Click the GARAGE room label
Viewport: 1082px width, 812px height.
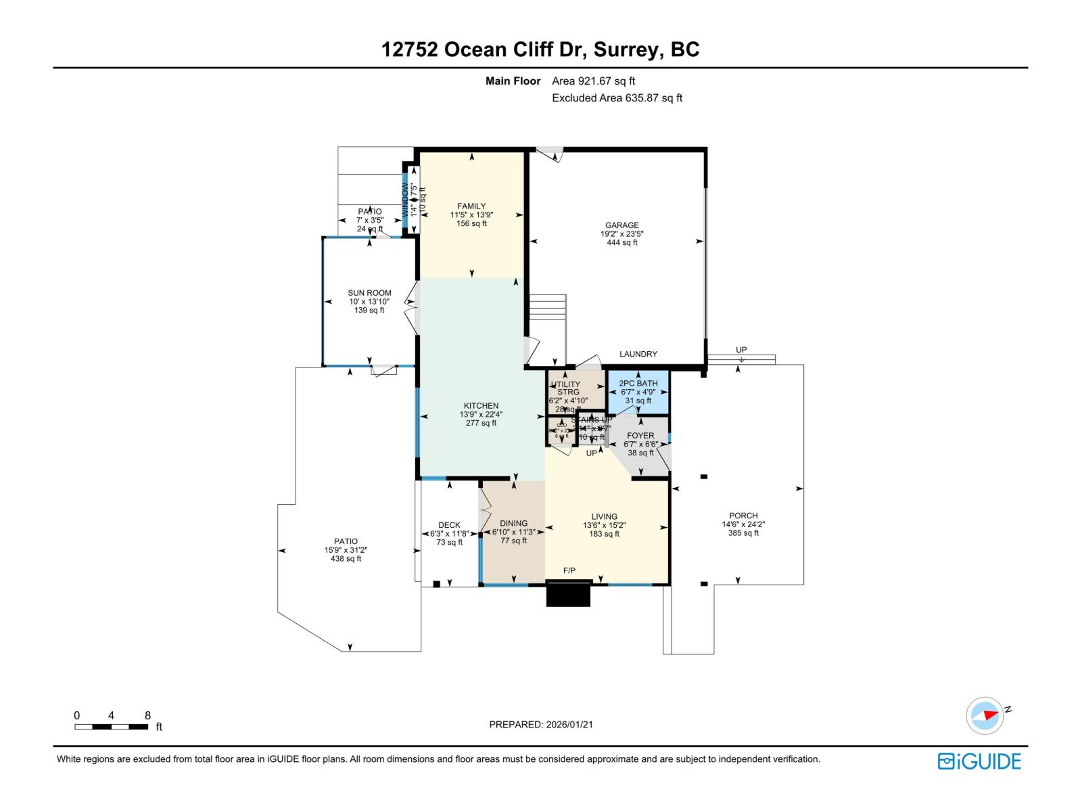[x=621, y=225]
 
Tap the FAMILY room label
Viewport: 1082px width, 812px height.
[x=471, y=206]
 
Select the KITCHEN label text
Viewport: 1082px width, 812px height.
[x=481, y=406]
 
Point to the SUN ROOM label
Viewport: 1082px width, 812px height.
[x=369, y=293]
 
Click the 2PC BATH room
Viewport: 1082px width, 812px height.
[x=638, y=392]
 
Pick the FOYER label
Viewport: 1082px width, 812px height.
[x=640, y=436]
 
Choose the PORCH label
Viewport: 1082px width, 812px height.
[x=743, y=516]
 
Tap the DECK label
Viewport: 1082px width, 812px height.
[x=449, y=525]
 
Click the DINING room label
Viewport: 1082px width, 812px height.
[x=513, y=523]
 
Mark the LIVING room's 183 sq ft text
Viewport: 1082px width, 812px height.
[x=604, y=534]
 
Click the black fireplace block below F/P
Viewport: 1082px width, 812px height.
[x=568, y=595]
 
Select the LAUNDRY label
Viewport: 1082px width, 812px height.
[x=638, y=354]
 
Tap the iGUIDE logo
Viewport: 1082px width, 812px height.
[x=979, y=761]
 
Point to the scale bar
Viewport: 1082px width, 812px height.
[x=111, y=727]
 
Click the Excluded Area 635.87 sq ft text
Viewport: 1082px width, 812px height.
[x=617, y=98]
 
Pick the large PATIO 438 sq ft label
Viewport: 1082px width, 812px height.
[x=346, y=549]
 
